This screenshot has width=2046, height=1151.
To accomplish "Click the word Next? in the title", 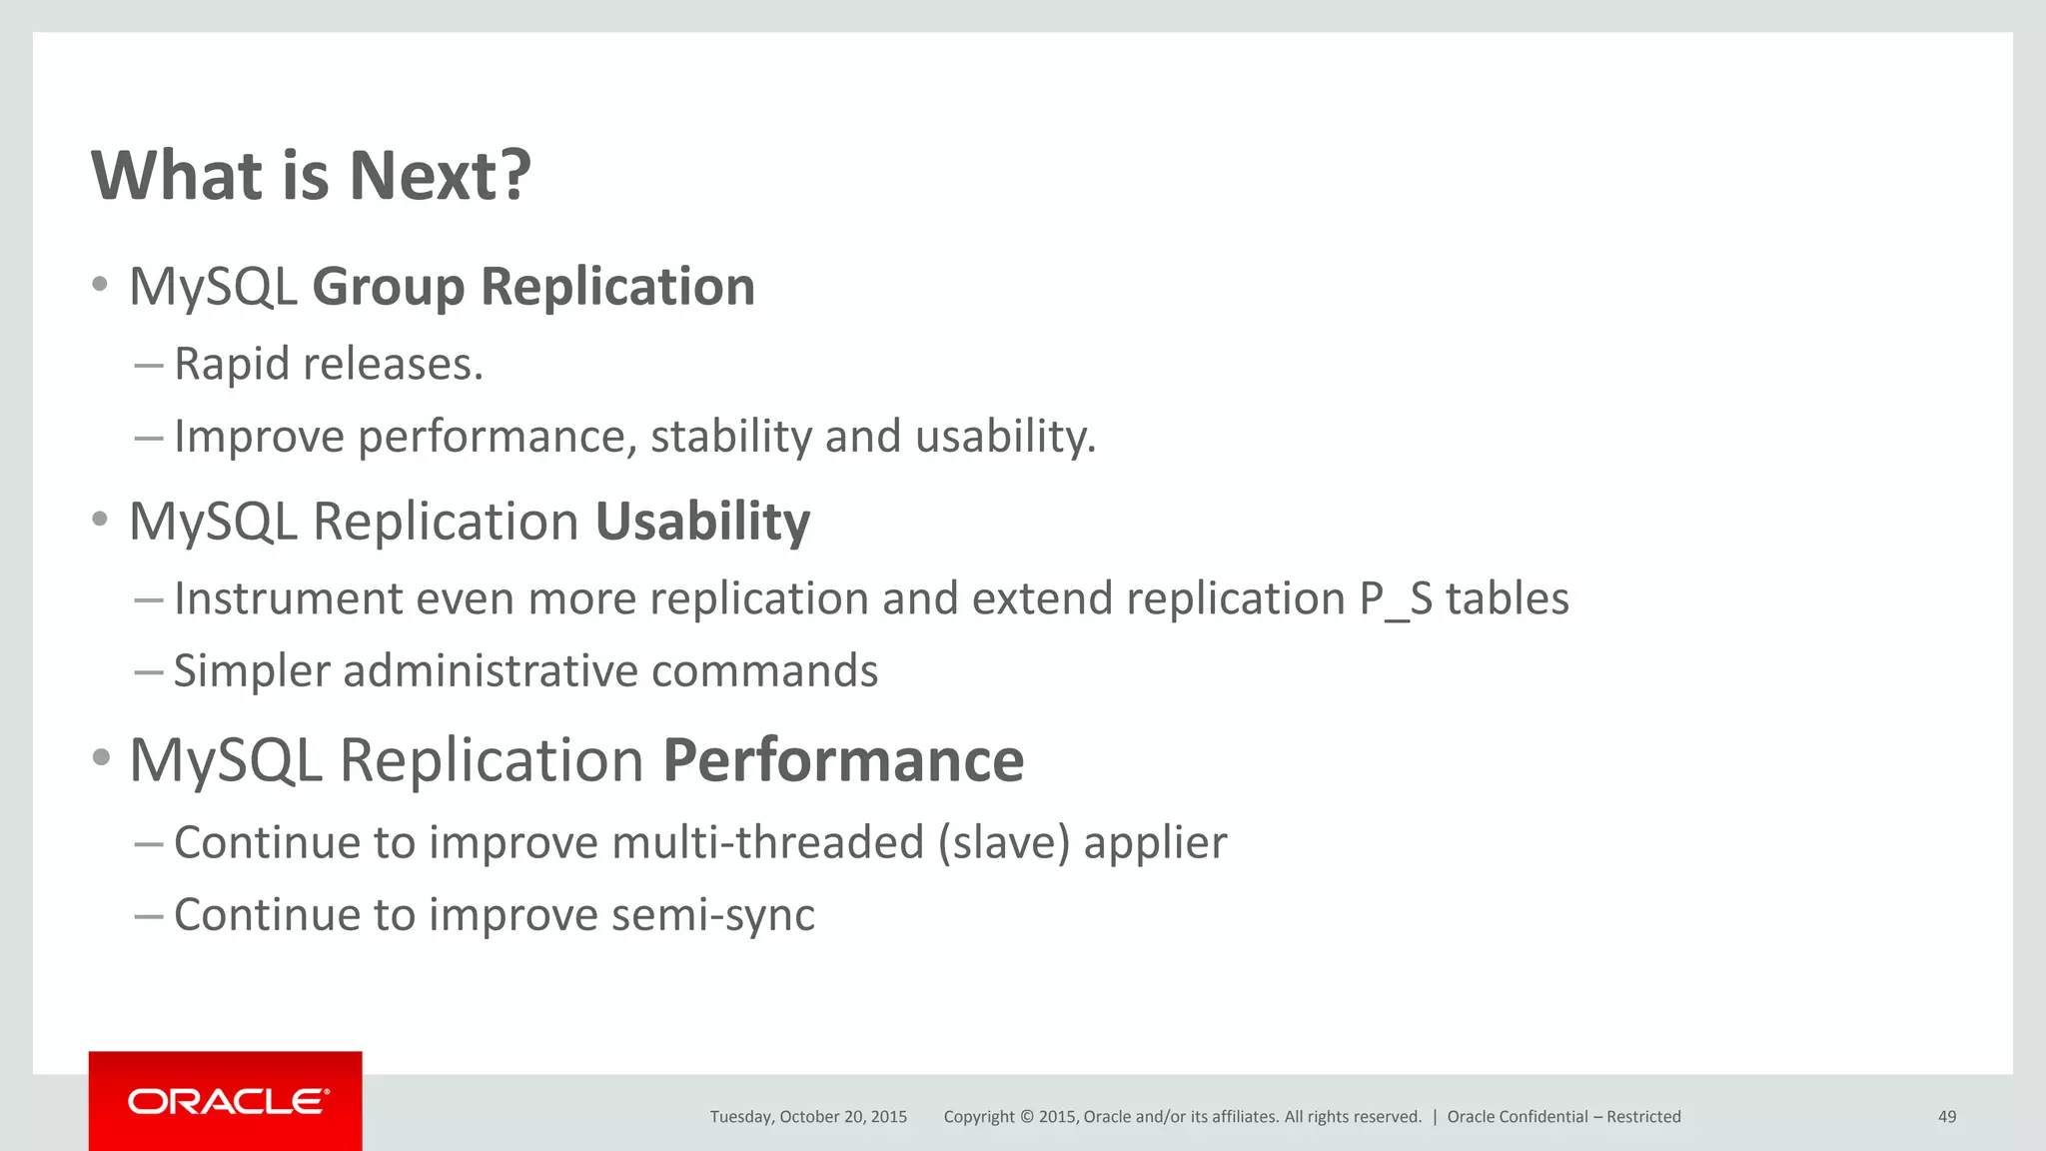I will (440, 176).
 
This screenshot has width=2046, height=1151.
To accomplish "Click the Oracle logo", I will (227, 1101).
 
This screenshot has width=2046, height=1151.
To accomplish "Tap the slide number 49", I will (1946, 1117).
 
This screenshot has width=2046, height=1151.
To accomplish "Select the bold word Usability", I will (702, 522).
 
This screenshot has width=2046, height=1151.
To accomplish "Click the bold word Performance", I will (843, 760).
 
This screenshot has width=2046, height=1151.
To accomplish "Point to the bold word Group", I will (389, 288).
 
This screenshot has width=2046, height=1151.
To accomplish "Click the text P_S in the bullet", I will (1396, 599).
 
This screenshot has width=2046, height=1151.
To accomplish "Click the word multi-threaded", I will (767, 842).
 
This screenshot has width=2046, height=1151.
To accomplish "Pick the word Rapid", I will (232, 364).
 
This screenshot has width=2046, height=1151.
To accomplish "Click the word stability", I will (731, 437).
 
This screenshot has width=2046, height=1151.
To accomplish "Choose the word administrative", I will (491, 670).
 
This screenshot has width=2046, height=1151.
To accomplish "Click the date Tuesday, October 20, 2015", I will (808, 1117).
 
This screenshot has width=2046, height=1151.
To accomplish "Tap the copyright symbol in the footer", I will (1025, 1117).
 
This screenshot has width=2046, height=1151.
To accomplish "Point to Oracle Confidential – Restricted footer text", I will (1563, 1117).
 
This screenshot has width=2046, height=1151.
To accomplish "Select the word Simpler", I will (252, 670).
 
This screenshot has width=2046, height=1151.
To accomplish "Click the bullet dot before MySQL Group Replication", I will (99, 285).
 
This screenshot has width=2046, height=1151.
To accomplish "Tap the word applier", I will (1155, 842).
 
